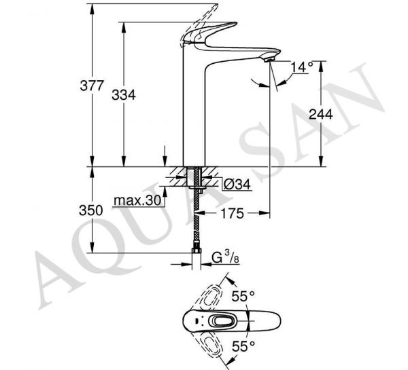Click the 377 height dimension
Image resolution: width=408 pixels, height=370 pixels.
pos(92,86)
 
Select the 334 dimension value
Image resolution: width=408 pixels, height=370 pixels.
pos(124,94)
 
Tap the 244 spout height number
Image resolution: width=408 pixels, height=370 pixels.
pos(320,114)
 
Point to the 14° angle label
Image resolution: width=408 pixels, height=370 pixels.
pos(302,67)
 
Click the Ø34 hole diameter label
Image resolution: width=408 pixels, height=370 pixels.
pos(237,185)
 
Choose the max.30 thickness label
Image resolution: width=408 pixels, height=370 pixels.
pos(137,200)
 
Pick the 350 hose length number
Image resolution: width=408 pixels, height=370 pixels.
pos(91,210)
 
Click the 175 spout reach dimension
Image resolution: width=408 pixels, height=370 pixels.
pos(233,213)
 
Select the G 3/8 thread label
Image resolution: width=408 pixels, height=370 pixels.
pos(225,257)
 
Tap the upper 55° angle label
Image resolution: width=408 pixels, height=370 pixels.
pos(243,297)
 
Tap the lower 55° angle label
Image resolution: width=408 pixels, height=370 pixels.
pos(243,346)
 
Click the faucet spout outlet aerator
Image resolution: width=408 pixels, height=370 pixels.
pos(269,60)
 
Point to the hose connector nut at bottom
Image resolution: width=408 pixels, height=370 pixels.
pos(197,251)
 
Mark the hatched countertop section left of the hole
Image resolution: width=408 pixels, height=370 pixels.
pos(179,177)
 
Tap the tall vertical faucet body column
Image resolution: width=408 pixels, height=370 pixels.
pos(194,109)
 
